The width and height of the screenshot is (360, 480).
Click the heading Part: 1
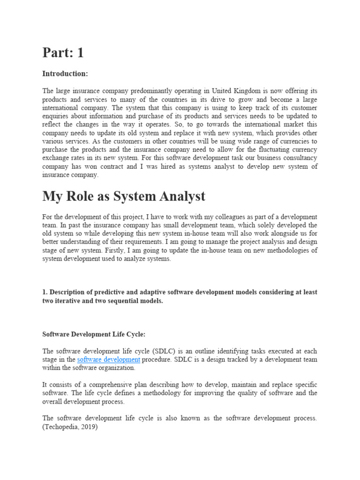coord(63,53)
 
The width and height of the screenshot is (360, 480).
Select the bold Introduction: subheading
coord(65,74)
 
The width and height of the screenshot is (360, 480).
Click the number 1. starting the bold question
coord(45,292)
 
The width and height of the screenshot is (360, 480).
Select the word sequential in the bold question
coord(125,301)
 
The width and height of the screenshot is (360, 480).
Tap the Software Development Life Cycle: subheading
coord(94,334)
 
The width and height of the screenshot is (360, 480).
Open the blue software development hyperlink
coord(108,360)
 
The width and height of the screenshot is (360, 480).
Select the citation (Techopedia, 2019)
coord(70,427)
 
